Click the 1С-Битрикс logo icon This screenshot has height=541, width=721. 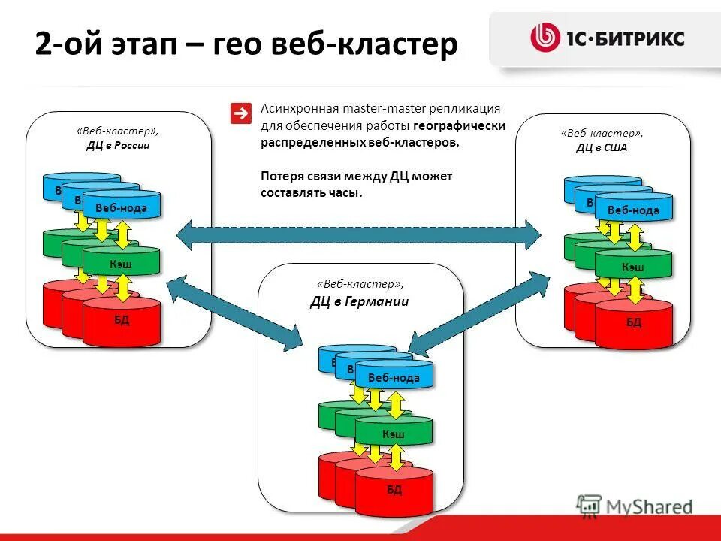545,38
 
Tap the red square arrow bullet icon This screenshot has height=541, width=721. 241,113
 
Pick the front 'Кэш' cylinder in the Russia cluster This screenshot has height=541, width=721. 121,264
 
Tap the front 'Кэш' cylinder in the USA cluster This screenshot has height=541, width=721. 633,267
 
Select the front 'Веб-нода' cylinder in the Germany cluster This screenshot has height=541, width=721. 394,376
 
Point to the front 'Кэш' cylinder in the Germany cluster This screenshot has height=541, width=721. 394,434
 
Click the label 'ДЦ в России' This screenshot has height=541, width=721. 117,146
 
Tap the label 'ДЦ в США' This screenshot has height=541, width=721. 602,147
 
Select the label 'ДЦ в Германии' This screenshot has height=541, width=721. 360,302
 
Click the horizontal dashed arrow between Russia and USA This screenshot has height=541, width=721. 358,235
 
